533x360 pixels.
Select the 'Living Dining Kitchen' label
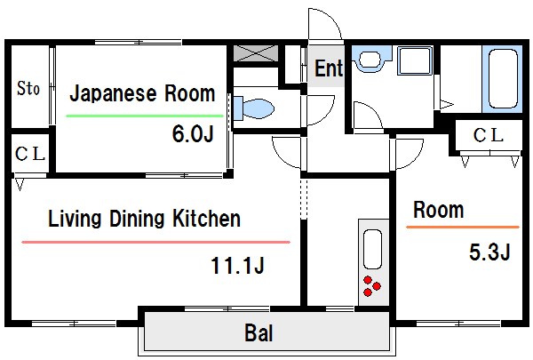(144, 219)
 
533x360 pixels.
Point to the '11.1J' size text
(239, 264)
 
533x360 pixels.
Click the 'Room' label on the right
(439, 210)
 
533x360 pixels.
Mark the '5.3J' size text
(489, 252)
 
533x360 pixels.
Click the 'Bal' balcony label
(259, 335)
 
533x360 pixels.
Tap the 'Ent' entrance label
(329, 68)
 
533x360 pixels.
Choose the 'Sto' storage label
(28, 88)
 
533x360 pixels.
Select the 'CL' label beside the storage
(28, 153)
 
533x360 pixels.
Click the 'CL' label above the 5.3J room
(487, 135)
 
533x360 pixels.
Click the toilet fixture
(256, 109)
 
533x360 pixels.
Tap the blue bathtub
(504, 79)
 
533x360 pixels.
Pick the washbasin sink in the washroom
(368, 60)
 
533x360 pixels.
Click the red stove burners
(373, 287)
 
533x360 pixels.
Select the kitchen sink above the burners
(373, 250)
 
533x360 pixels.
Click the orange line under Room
(462, 228)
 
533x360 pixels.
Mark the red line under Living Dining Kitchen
(155, 242)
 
